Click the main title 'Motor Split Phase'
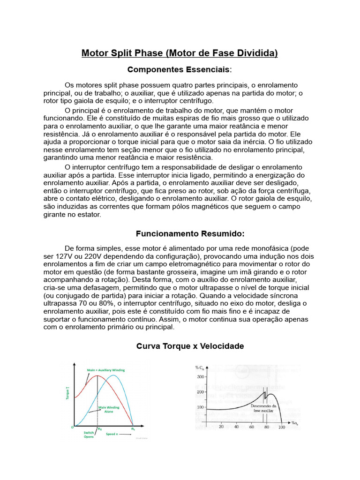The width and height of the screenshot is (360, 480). (180, 53)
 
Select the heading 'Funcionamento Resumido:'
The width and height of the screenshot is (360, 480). (190, 233)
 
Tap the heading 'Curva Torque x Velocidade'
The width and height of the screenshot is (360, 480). (190, 346)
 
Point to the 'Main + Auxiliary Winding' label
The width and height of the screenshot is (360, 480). (106, 370)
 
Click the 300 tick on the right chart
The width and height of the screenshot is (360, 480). (200, 376)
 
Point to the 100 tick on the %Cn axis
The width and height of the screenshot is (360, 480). (200, 407)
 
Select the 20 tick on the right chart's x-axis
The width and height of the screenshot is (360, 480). (221, 427)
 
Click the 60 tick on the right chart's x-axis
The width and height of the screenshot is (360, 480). (251, 427)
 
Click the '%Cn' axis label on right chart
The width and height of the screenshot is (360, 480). (200, 367)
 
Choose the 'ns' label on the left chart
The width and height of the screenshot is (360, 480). (133, 428)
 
